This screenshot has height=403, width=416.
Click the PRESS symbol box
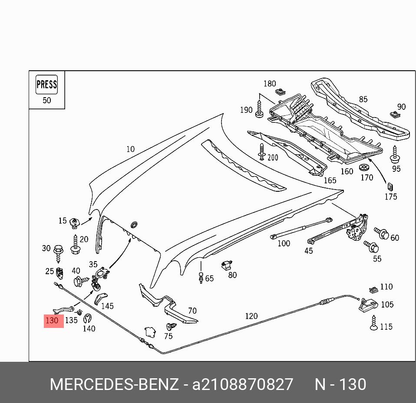tap(46, 85)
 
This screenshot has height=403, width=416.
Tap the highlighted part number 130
tap(53, 321)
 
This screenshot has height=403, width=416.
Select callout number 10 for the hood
tap(130, 149)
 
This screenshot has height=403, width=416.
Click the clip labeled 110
tap(373, 289)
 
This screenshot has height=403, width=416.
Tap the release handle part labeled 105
tap(367, 305)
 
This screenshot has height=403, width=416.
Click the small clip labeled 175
tap(390, 187)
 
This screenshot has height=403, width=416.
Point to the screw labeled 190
tap(260, 109)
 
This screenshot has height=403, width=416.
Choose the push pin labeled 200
tap(261, 152)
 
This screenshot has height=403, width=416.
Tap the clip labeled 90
tap(395, 115)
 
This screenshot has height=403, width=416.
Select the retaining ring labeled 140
tap(87, 318)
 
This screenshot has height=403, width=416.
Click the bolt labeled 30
tap(58, 252)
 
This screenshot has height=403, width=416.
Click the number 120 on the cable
tap(251, 316)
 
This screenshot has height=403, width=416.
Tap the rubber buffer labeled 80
tap(226, 265)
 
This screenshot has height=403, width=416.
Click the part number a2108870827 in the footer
tap(243, 385)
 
